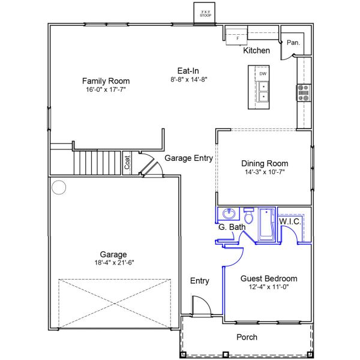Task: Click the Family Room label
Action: tap(106, 81)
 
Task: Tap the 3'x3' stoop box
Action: tap(206, 13)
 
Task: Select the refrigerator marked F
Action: tap(237, 38)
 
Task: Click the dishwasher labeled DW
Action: tap(263, 74)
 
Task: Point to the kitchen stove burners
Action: tap(303, 92)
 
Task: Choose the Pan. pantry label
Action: tap(293, 43)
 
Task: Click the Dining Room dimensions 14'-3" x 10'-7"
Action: tap(265, 172)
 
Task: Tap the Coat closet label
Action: tap(127, 162)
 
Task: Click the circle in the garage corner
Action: tap(58, 187)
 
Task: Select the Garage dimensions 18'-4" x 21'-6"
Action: tap(113, 262)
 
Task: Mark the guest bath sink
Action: tap(228, 214)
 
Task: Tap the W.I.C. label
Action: tap(290, 221)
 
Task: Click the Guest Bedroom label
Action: tap(269, 278)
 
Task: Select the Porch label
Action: tap(247, 337)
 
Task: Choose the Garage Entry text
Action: tap(188, 158)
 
